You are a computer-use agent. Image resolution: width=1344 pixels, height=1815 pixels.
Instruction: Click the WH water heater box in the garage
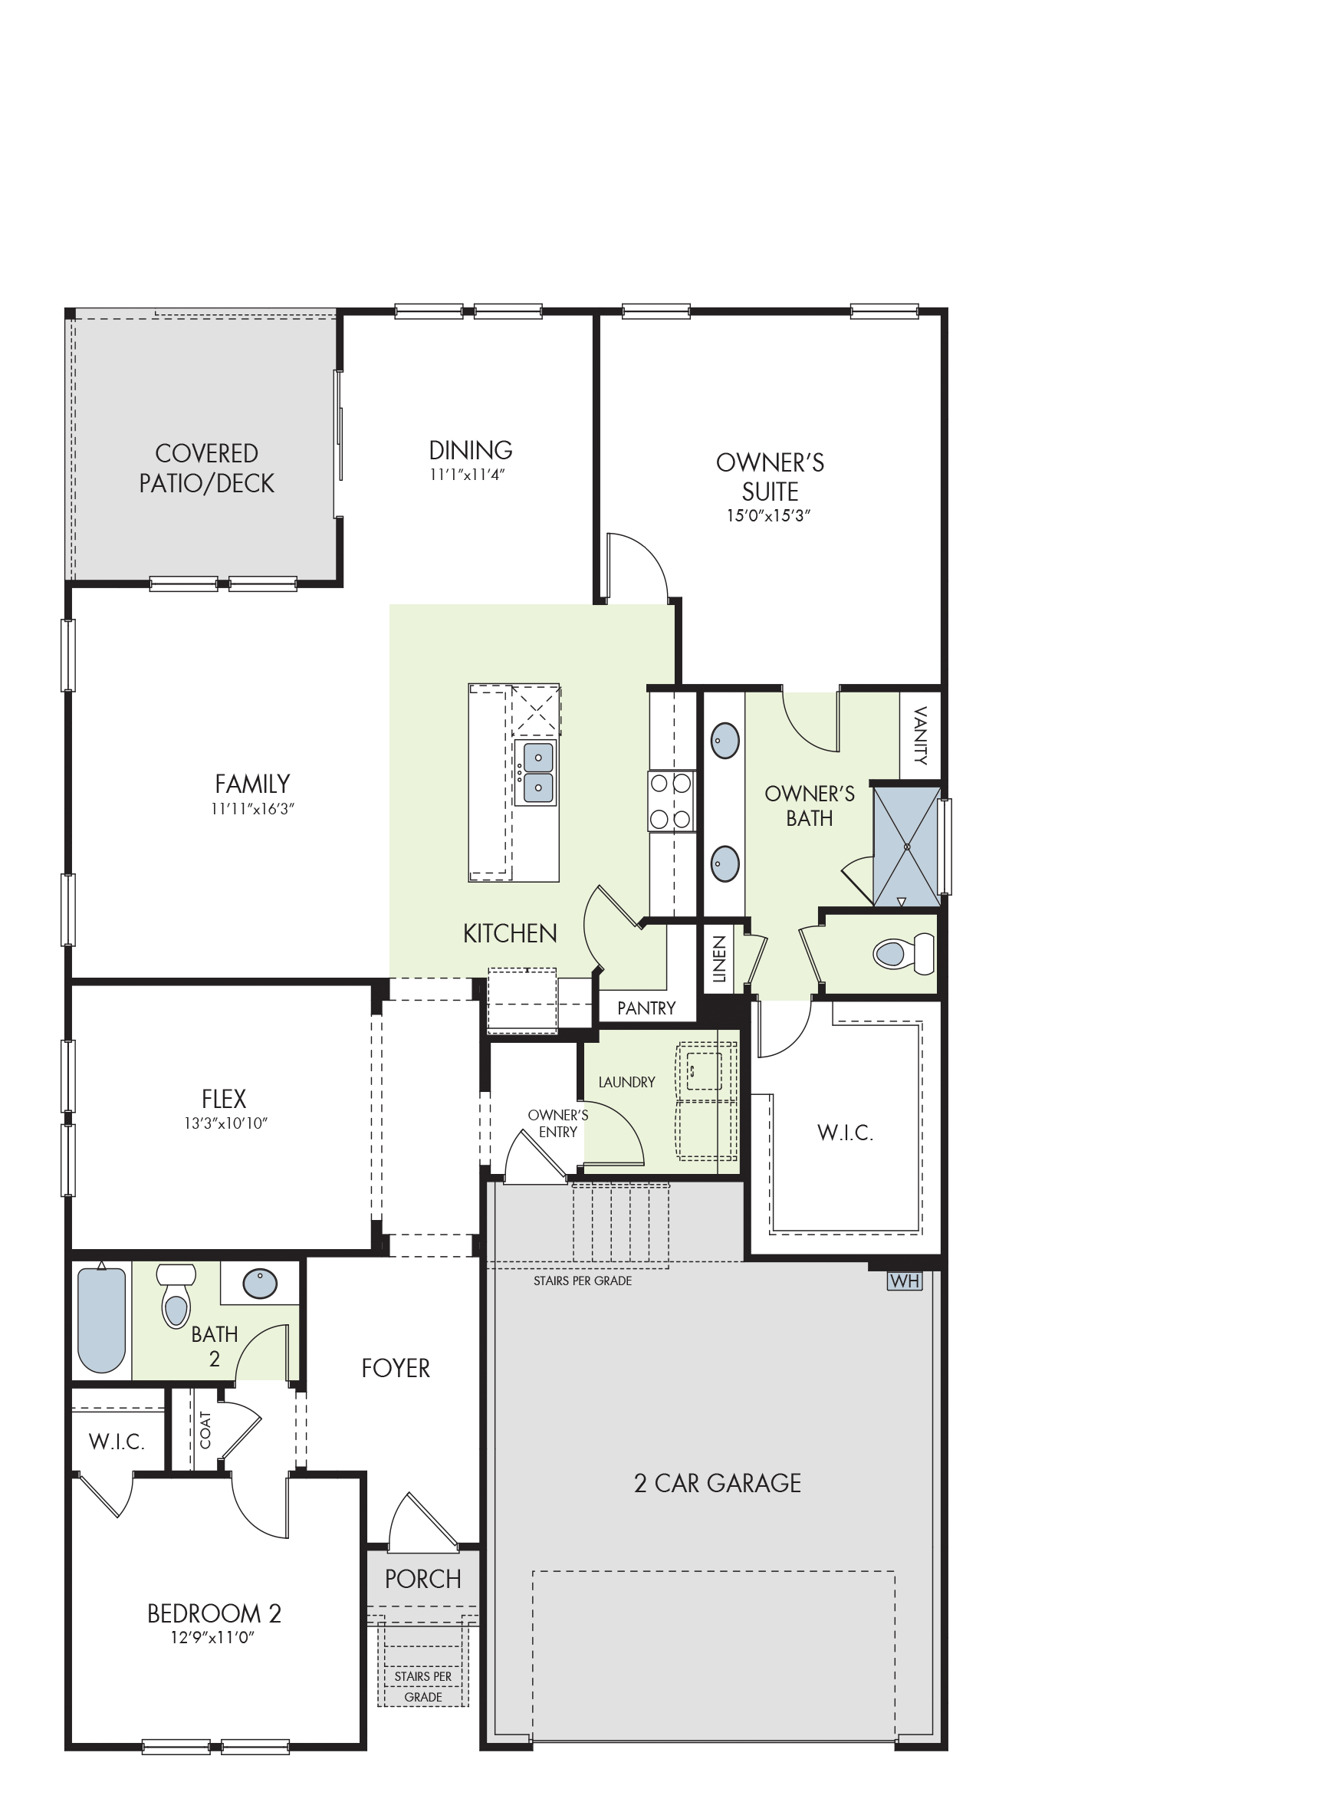pyautogui.click(x=904, y=1281)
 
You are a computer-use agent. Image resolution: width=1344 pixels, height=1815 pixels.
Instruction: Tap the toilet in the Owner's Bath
pyautogui.click(x=904, y=952)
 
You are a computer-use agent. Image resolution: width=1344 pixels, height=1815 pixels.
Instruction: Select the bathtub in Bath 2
pyautogui.click(x=102, y=1320)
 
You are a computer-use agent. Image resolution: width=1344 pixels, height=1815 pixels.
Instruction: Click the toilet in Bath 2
pyautogui.click(x=176, y=1296)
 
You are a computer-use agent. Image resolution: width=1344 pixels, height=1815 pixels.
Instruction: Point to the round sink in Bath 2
pyautogui.click(x=261, y=1284)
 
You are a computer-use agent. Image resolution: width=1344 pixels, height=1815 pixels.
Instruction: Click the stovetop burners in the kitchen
pyautogui.click(x=671, y=801)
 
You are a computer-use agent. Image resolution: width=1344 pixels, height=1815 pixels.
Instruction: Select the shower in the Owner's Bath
pyautogui.click(x=906, y=846)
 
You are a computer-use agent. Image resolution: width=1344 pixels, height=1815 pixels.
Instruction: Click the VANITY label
pyautogui.click(x=921, y=735)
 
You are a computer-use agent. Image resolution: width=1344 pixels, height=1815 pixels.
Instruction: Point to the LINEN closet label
pyautogui.click(x=719, y=959)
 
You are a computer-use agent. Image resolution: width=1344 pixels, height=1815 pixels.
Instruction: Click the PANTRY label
pyautogui.click(x=647, y=1009)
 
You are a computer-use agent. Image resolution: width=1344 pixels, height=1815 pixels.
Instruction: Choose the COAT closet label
pyautogui.click(x=205, y=1429)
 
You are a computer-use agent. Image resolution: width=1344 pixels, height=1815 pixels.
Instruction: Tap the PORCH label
pyautogui.click(x=423, y=1579)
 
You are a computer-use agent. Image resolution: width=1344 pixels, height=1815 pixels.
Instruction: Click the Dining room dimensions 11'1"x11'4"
pyautogui.click(x=468, y=475)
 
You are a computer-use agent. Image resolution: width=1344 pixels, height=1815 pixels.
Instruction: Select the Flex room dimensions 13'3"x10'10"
pyautogui.click(x=225, y=1123)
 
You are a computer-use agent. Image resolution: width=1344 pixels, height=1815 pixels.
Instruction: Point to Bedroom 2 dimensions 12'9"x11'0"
pyautogui.click(x=212, y=1637)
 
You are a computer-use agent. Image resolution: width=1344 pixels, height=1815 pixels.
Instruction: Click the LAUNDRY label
pyautogui.click(x=626, y=1082)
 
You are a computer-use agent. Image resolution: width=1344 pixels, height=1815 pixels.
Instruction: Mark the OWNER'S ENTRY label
pyautogui.click(x=558, y=1123)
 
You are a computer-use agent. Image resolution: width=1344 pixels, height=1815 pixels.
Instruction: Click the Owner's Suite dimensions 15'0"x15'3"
pyautogui.click(x=769, y=516)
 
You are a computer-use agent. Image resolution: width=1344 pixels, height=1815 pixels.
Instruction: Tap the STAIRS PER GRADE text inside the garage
pyautogui.click(x=583, y=1281)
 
